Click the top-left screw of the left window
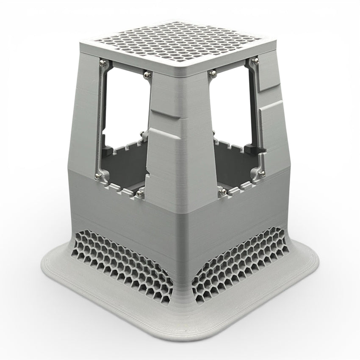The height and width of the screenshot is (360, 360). pos(102,63)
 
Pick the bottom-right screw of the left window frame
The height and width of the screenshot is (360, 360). pos(140,194)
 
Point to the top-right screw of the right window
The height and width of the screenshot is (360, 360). pos(255,62)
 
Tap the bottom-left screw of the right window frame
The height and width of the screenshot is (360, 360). pos(221,193)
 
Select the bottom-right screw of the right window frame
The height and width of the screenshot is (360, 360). pos(262,172)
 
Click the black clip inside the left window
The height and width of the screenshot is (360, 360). pos(107,149)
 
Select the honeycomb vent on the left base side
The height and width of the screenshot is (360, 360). pos(119,263)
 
